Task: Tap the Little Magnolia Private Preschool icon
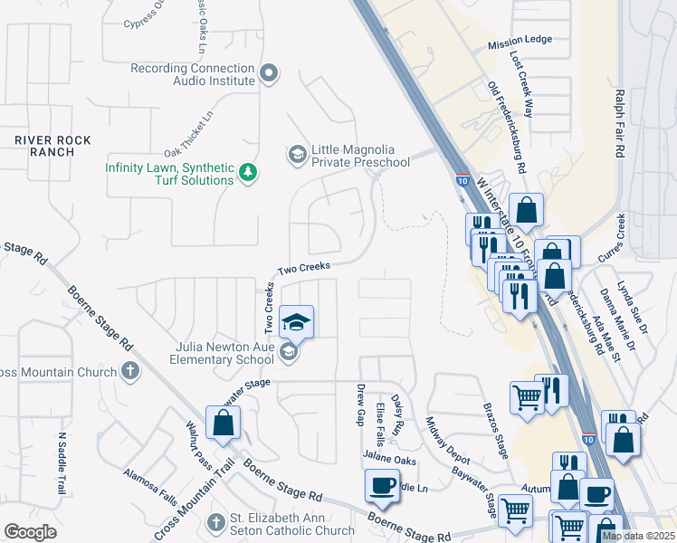[297, 155]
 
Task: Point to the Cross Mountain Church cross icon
[131, 371]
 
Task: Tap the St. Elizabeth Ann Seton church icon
[215, 523]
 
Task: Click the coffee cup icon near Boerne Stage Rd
[383, 486]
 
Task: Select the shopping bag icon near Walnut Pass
[223, 424]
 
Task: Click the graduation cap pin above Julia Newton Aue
[295, 321]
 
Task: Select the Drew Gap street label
[360, 403]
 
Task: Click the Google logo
[31, 531]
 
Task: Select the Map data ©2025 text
[637, 536]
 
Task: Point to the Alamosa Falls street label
[150, 485]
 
